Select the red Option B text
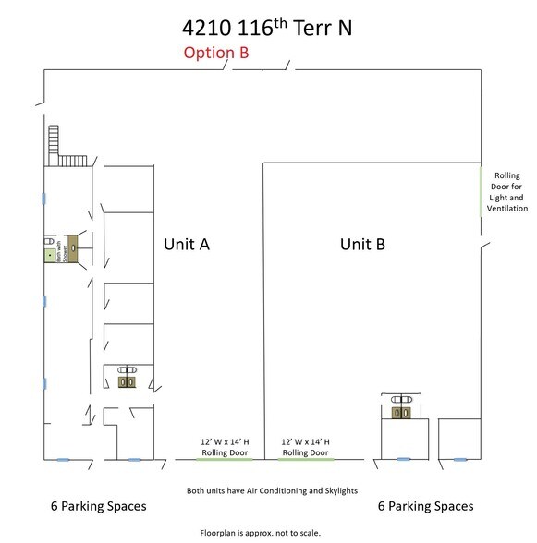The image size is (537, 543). tap(216, 54)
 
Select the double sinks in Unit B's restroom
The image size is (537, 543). tap(400, 415)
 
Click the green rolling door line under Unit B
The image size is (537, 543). tap(306, 459)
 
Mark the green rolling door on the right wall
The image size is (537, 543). tap(481, 190)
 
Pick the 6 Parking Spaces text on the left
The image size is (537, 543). tap(98, 507)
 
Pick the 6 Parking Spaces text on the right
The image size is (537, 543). tap(426, 506)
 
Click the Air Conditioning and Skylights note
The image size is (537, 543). tap(272, 491)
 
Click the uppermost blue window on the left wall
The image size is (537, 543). tap(43, 196)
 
